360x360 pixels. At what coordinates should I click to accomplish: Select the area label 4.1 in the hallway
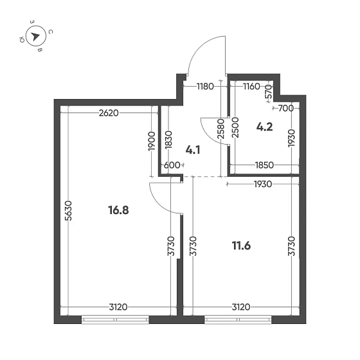click(x=194, y=150)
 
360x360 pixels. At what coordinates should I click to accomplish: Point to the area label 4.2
click(x=265, y=126)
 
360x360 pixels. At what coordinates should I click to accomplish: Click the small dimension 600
click(x=172, y=165)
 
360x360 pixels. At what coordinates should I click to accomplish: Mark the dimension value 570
click(x=269, y=93)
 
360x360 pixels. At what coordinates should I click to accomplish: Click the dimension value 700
click(x=286, y=108)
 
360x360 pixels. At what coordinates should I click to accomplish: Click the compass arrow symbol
click(x=36, y=37)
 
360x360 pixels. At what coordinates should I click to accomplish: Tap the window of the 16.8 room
click(x=115, y=319)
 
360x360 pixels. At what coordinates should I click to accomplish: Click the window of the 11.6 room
click(x=238, y=319)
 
